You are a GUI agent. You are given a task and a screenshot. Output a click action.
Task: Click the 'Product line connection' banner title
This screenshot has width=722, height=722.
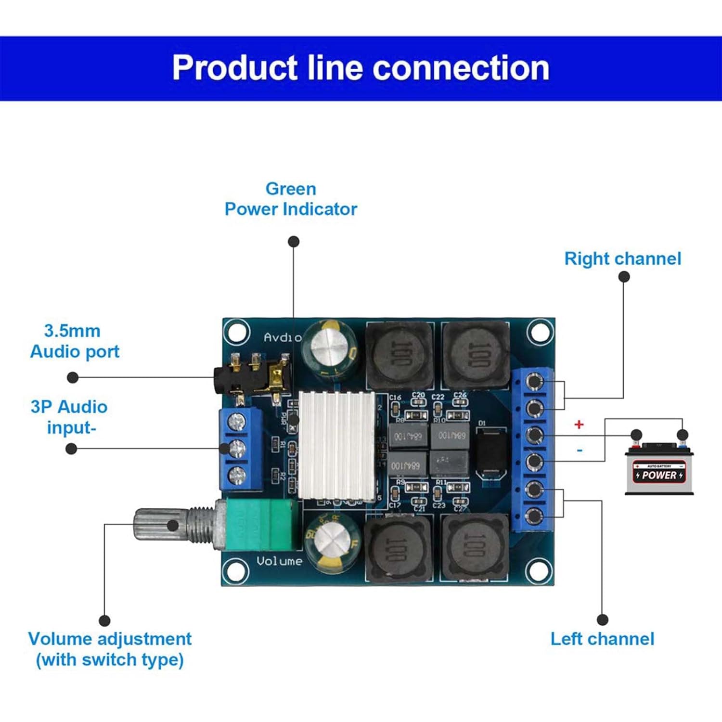pos(361,68)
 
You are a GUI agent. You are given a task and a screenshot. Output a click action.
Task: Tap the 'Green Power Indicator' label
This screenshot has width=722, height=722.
pos(291,199)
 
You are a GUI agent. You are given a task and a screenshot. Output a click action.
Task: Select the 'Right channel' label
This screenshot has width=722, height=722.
pos(622,259)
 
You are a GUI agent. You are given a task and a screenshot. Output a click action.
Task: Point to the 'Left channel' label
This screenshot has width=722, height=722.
pos(602,639)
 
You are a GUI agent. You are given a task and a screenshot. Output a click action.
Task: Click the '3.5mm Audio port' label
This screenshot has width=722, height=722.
pos(75,341)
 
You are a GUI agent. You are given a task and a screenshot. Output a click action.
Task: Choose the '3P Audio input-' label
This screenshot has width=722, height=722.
pos(69,417)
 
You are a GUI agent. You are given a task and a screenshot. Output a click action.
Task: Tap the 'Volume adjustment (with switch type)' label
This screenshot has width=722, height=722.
pos(110,649)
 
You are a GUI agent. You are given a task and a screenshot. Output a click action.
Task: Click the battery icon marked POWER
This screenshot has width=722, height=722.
pos(659,470)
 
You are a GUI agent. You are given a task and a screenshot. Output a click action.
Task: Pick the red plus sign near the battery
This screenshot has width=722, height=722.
pos(579,425)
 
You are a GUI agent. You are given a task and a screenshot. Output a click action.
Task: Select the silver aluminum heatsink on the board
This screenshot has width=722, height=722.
pos(336,445)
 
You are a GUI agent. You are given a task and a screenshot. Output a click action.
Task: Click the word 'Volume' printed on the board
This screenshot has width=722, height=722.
pos(279,561)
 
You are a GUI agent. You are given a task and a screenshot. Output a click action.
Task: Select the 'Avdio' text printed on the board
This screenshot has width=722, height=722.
pos(283,337)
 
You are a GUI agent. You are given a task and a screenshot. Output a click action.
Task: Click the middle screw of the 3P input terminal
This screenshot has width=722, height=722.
pos(237,449)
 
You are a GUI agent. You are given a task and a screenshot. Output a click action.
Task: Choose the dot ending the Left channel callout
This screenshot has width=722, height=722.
pos(602,620)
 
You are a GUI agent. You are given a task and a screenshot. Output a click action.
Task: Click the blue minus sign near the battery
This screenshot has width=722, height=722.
pos(580,451)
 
